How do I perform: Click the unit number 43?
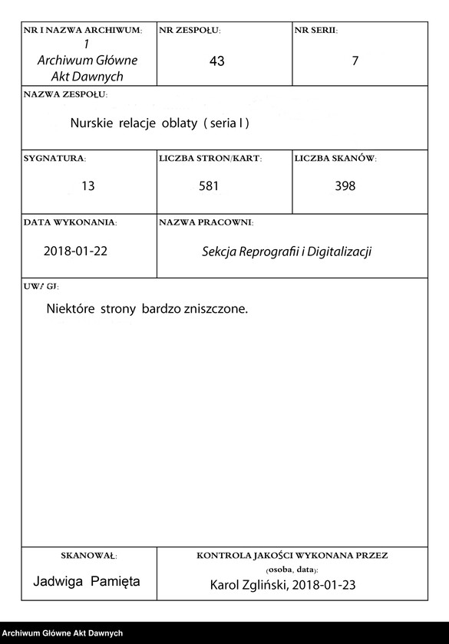point(216,61)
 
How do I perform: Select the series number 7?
point(355,61)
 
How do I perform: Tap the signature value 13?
point(87,186)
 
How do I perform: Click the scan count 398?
point(345,186)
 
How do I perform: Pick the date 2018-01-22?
point(75,251)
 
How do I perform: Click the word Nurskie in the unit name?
point(91,123)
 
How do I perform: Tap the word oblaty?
point(179,123)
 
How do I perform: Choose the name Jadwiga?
point(58,581)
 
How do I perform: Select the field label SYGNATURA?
point(54,158)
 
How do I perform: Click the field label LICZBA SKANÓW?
point(335,158)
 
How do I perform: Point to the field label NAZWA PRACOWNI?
point(206,222)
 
